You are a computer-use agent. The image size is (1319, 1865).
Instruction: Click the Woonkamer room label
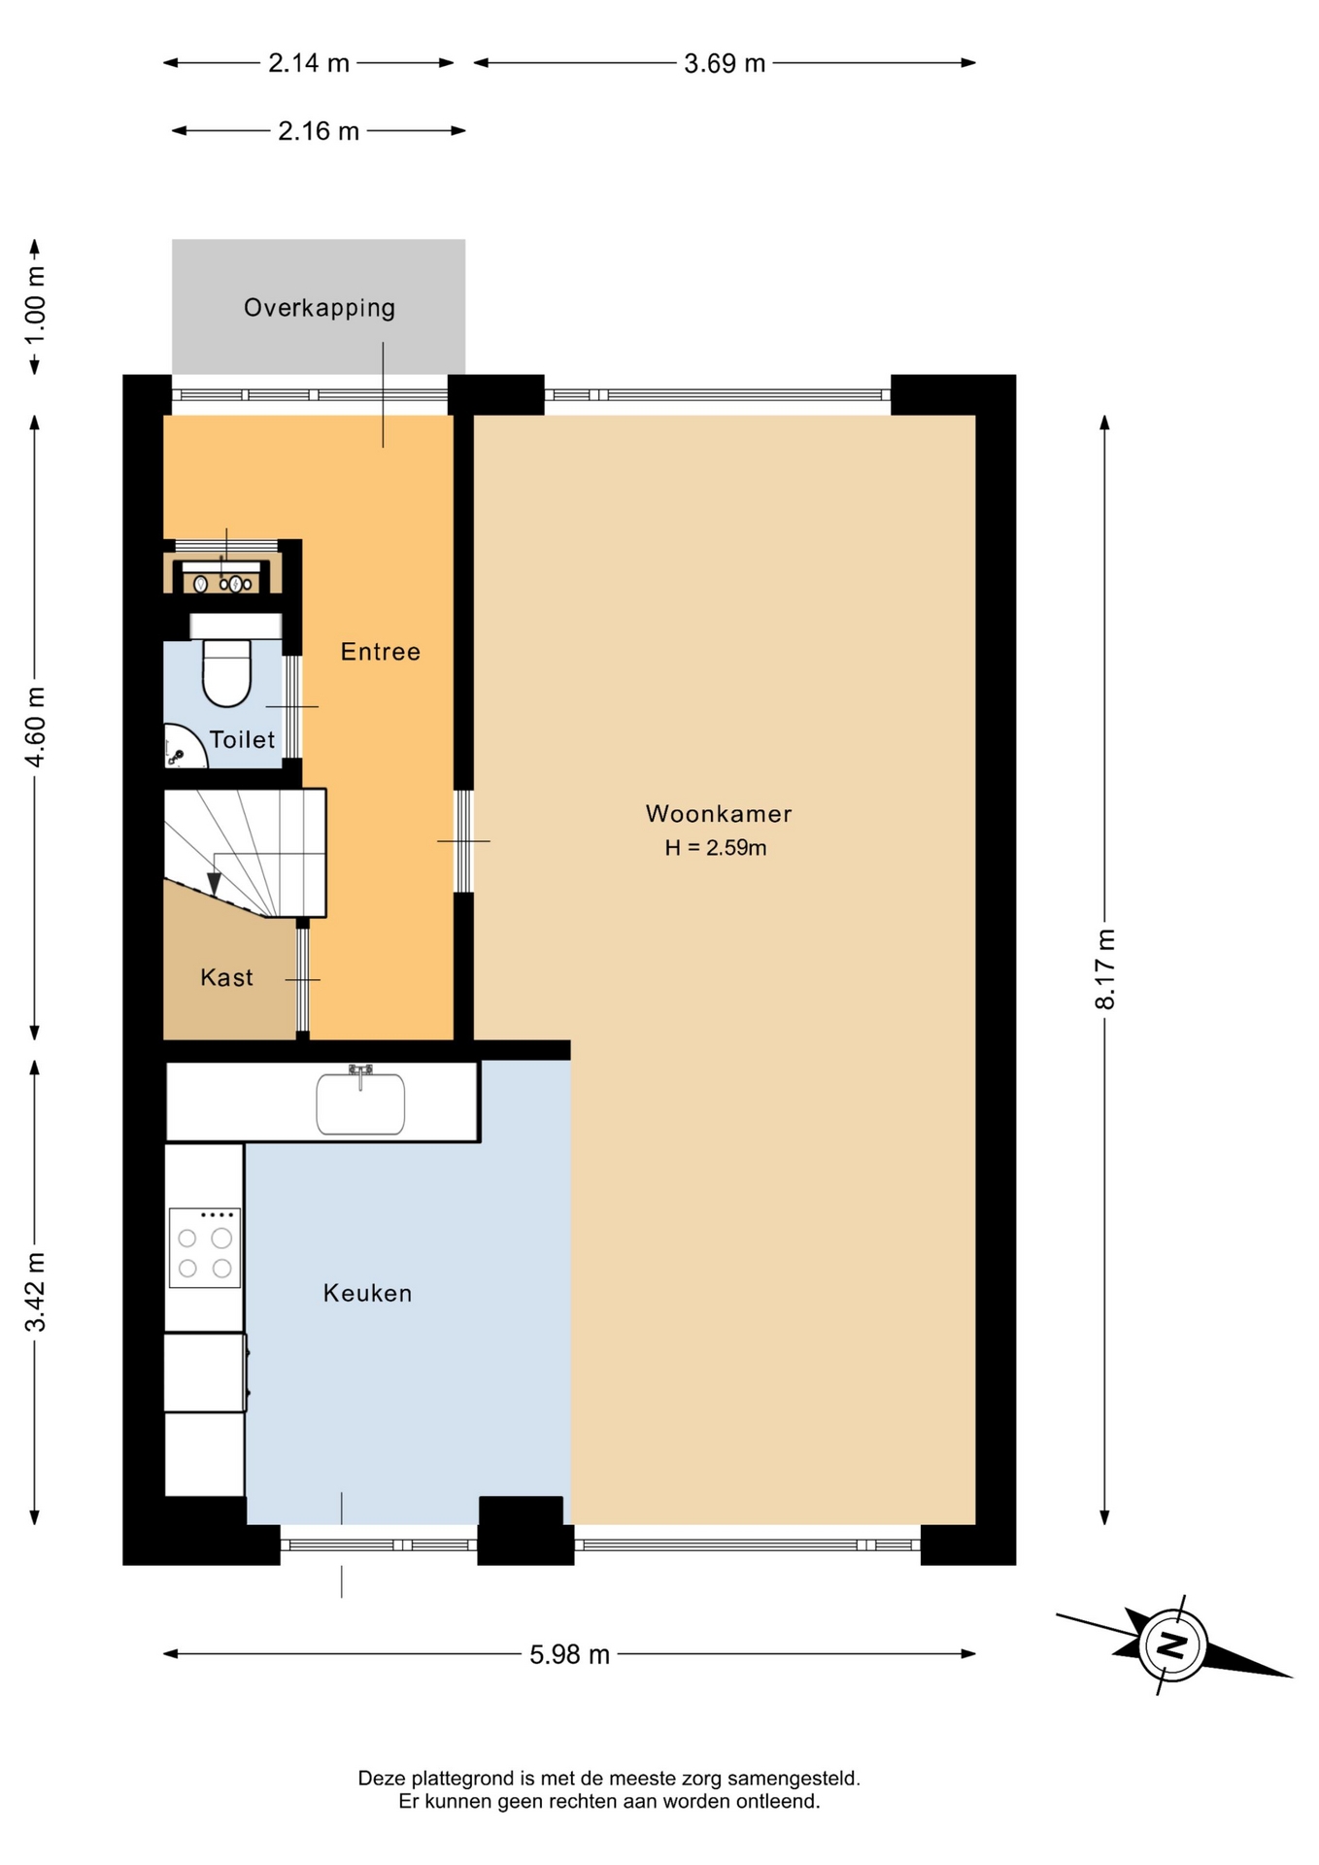tap(719, 814)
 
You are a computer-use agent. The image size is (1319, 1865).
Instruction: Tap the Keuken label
tap(367, 1293)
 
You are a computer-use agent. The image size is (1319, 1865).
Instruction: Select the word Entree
tap(381, 652)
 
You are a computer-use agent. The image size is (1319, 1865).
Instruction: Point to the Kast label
tap(226, 977)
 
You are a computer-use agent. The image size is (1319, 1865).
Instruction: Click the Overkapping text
tap(320, 308)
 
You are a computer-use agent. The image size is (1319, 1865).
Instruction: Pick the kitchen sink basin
tap(360, 1103)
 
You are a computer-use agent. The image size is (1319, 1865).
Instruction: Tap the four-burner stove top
tap(204, 1248)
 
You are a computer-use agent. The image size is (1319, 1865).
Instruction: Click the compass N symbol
tap(1173, 1645)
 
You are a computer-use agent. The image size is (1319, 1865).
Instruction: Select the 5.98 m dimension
tap(569, 1654)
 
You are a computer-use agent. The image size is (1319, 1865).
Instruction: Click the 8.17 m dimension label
tap(1105, 969)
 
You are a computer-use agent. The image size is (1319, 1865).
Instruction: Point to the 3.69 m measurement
tap(725, 63)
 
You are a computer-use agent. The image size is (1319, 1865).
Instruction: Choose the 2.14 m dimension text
tap(309, 63)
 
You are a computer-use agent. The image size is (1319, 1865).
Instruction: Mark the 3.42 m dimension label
tap(35, 1292)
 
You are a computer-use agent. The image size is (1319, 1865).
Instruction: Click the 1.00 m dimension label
tap(35, 305)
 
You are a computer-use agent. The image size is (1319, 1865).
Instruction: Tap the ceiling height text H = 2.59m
tap(716, 848)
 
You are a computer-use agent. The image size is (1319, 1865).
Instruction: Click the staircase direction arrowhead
tap(214, 883)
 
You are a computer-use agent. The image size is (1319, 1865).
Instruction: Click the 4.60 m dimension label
tap(35, 727)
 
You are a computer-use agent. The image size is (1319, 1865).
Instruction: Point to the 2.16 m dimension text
tap(319, 131)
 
